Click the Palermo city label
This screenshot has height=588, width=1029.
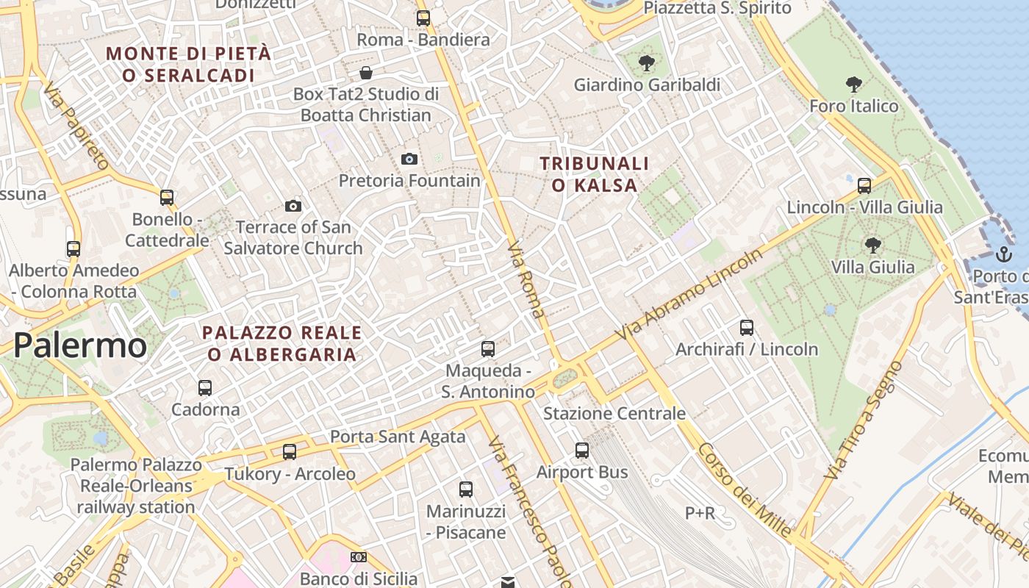80,345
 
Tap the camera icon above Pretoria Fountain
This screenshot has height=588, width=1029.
409,159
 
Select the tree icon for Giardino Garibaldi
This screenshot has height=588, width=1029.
646,63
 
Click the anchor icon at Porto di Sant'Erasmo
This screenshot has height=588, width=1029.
1003,254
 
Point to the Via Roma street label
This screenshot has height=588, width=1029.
527,279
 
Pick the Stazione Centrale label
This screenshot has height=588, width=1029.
614,413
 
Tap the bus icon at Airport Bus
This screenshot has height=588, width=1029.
582,450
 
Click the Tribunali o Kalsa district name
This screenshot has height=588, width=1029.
595,174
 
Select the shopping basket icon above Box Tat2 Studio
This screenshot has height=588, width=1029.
365,73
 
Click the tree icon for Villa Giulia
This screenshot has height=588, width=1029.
872,245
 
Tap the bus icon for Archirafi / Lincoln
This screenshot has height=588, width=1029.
747,328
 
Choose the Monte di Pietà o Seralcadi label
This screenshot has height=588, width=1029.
189,64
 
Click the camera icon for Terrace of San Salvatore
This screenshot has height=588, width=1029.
293,206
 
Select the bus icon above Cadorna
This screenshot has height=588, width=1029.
205,387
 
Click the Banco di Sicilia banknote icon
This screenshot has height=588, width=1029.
358,557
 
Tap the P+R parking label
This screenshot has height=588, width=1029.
700,513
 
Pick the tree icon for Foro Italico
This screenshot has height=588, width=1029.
853,85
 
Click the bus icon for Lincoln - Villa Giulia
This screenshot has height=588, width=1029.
864,185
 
